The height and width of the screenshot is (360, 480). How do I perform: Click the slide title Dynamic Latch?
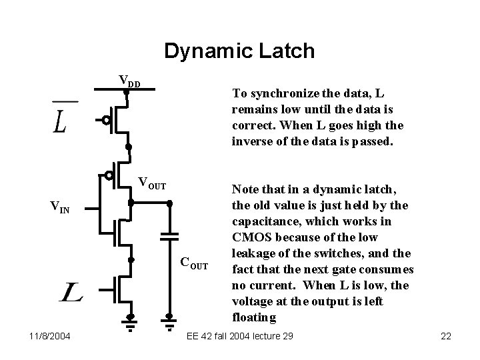(239, 51)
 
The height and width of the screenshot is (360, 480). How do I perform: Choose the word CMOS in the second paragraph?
(250, 237)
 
